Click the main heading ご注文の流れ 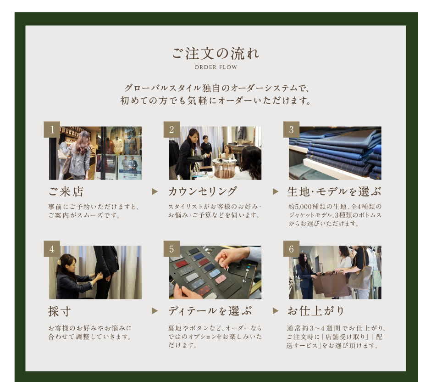[x=216, y=53]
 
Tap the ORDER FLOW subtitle [x=216, y=67]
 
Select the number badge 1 [x=52, y=129]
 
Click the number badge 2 [x=171, y=129]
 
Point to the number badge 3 [x=291, y=129]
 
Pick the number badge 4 [x=52, y=249]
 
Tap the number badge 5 [x=171, y=249]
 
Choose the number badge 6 [x=291, y=249]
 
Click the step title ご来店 [x=66, y=191]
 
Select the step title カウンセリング [x=203, y=191]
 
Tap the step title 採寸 [x=59, y=311]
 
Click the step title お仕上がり [x=316, y=311]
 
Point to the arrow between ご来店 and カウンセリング [x=155, y=191]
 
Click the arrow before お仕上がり [x=276, y=311]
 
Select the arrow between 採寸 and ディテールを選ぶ [x=155, y=311]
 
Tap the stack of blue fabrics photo [x=335, y=153]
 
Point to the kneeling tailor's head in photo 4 [x=64, y=263]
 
